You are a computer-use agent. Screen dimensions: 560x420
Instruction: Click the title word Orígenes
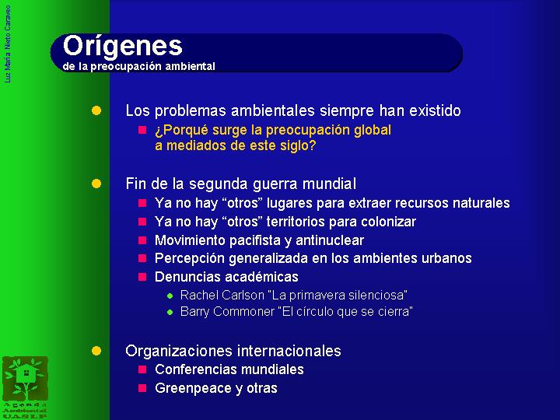pyautogui.click(x=123, y=47)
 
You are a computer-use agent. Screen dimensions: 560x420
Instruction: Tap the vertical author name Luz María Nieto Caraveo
pyautogui.click(x=8, y=44)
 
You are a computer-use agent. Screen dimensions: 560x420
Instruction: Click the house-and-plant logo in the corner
pyautogui.click(x=25, y=380)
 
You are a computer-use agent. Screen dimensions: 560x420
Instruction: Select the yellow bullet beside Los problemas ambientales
pyautogui.click(x=96, y=110)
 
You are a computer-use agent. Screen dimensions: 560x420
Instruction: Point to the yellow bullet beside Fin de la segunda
pyautogui.click(x=96, y=184)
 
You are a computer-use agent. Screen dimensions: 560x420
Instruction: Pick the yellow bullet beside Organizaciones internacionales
pyautogui.click(x=96, y=351)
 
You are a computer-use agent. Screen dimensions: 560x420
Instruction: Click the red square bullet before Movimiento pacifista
pyautogui.click(x=142, y=240)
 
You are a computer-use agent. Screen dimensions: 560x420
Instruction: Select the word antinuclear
pyautogui.click(x=330, y=240)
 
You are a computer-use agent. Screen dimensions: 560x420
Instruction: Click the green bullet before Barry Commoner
pyautogui.click(x=170, y=313)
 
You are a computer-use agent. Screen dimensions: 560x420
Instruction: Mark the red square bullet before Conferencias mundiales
pyautogui.click(x=142, y=369)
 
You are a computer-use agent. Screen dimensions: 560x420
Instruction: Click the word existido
pyautogui.click(x=435, y=110)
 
